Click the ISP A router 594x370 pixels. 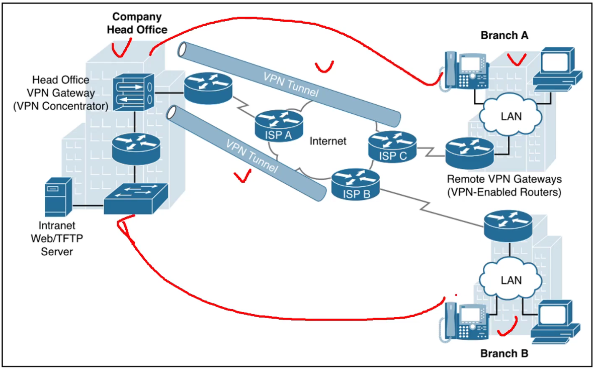pyautogui.click(x=278, y=124)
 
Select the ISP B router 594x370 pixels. pyautogui.click(x=355, y=184)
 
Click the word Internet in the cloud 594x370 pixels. pyautogui.click(x=328, y=141)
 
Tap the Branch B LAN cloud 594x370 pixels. pyautogui.click(x=511, y=279)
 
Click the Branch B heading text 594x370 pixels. pyautogui.click(x=504, y=353)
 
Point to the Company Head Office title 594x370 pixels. pyautogui.click(x=137, y=23)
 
